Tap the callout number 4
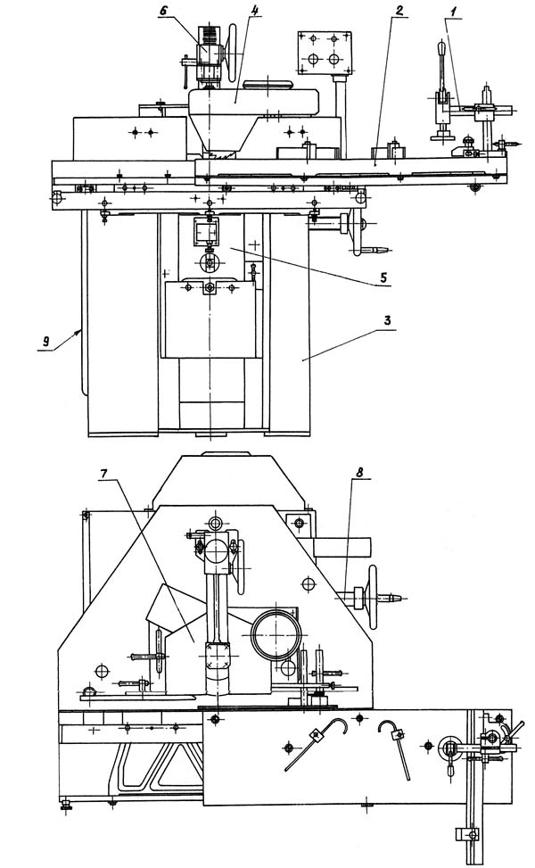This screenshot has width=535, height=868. click(x=250, y=11)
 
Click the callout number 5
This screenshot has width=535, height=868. click(x=383, y=277)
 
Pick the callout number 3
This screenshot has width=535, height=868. click(x=387, y=320)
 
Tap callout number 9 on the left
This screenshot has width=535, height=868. click(x=47, y=342)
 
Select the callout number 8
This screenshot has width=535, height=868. click(x=359, y=472)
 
